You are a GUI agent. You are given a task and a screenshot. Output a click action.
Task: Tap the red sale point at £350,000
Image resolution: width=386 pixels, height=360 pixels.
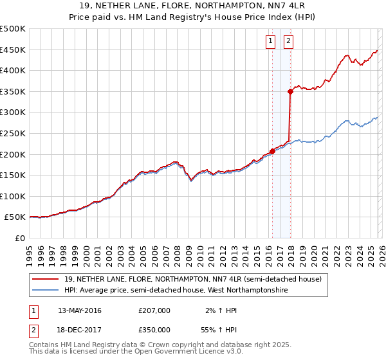tap(291, 92)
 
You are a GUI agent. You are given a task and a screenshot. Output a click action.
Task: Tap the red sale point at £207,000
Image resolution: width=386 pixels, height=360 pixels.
tap(272, 152)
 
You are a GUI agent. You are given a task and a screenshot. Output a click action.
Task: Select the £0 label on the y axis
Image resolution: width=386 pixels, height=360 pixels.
tap(19, 238)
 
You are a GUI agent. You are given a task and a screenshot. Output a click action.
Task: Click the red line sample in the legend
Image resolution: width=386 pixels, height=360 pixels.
tap(46, 279)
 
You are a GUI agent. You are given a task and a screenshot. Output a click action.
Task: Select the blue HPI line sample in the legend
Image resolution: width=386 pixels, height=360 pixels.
tap(46, 291)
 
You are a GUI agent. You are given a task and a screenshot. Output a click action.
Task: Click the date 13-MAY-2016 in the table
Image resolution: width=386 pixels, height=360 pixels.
tap(79, 310)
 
